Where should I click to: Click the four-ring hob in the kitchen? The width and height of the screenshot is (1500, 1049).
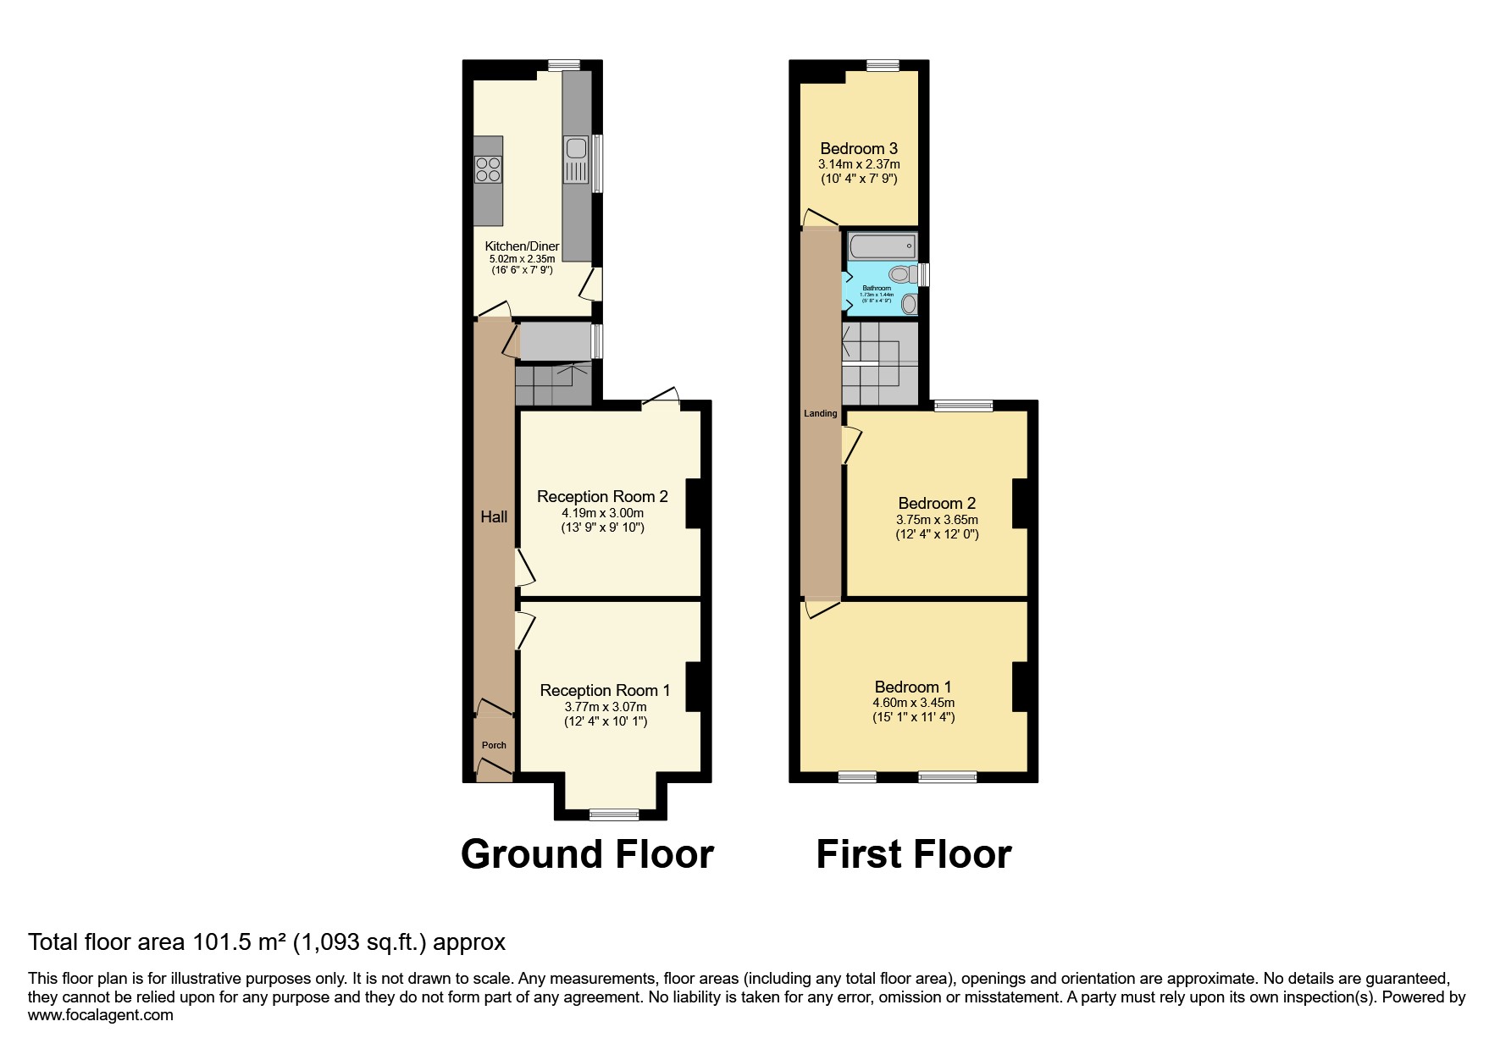[x=488, y=168]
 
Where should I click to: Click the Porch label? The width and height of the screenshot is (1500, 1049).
[x=494, y=745]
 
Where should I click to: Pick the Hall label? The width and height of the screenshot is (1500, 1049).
[x=494, y=516]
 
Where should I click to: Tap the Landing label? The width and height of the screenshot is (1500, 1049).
[x=820, y=413]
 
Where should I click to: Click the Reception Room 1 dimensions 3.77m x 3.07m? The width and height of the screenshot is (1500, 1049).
[x=605, y=707]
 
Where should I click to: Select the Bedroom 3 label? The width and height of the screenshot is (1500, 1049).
[x=859, y=148]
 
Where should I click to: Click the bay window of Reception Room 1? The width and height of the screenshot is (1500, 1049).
[x=614, y=814]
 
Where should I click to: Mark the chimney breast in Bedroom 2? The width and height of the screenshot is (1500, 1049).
[x=1020, y=503]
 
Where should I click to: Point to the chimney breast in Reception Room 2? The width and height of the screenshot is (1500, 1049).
[x=693, y=503]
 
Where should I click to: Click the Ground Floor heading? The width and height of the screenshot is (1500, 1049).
[x=587, y=853]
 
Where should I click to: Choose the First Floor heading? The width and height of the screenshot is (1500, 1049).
[x=913, y=853]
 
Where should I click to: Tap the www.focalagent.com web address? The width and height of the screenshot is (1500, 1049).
[x=100, y=1014]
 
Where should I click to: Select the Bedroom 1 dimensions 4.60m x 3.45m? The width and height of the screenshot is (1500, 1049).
[x=913, y=703]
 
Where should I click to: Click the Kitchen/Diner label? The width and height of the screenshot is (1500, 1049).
[x=522, y=246]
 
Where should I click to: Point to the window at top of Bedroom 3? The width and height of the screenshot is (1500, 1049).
[x=882, y=65]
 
